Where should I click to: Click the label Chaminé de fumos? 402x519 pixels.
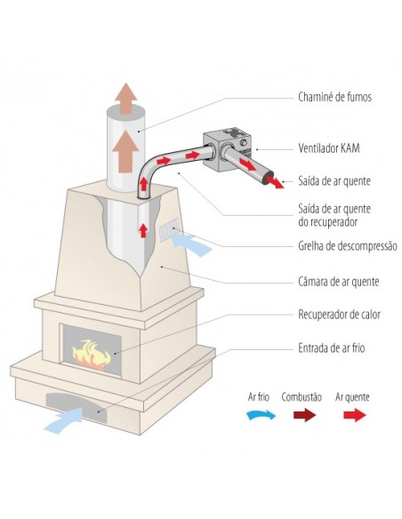point(334,97)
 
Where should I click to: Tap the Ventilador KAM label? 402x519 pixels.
point(328,148)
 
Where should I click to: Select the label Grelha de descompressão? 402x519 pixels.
point(348,246)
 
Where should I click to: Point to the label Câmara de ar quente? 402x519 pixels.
point(339,282)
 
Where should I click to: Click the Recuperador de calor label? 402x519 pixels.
point(339,314)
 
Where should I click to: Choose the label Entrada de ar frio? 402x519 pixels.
point(331,347)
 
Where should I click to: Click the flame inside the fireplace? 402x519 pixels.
point(91,354)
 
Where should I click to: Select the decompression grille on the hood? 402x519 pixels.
point(169,228)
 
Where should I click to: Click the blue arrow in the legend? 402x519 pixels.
point(261,415)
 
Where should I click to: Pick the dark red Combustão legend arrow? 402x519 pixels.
point(304,415)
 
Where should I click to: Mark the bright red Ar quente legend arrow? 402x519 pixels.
point(355,415)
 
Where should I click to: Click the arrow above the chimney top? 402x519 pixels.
point(125,99)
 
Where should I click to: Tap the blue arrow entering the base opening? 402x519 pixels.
point(64,419)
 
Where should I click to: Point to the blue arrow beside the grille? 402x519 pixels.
point(191,244)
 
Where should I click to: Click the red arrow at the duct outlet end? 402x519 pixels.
point(275,181)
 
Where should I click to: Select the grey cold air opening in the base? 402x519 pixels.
point(78,407)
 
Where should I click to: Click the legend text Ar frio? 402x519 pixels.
point(259,396)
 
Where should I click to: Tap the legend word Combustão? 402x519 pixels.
point(301,397)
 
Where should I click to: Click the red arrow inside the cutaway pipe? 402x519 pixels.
point(143,230)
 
